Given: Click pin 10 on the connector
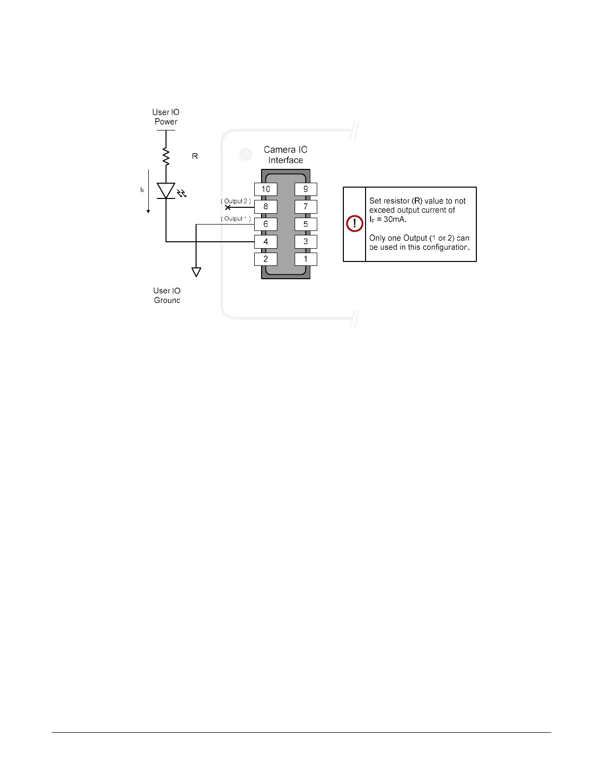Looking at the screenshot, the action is pos(266,189).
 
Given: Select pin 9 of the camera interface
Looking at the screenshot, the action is pos(305,189).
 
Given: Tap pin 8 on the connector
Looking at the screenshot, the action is pos(266,207).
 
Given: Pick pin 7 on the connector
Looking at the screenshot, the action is pos(305,207).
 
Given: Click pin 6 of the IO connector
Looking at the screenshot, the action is pos(266,224).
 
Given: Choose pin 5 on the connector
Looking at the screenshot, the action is pos(305,224).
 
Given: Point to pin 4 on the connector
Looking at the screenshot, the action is pos(266,242).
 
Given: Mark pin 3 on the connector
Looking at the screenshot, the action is pos(305,242).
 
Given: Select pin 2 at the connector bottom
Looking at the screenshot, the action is pos(266,259).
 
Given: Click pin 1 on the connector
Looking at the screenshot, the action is pos(305,259).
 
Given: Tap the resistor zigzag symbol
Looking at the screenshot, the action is pos(166,156).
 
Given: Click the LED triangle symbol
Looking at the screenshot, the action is pos(166,191).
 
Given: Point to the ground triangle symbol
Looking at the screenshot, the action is pos(196,272).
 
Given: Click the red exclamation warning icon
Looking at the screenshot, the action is pos(355,224).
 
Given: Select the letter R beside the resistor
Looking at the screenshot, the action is pos(195,156).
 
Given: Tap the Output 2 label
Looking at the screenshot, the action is pos(235,201).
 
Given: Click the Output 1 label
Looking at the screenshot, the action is pos(235,219).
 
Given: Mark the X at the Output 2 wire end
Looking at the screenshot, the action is pos(228,207).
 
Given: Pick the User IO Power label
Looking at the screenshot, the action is pos(166,117).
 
